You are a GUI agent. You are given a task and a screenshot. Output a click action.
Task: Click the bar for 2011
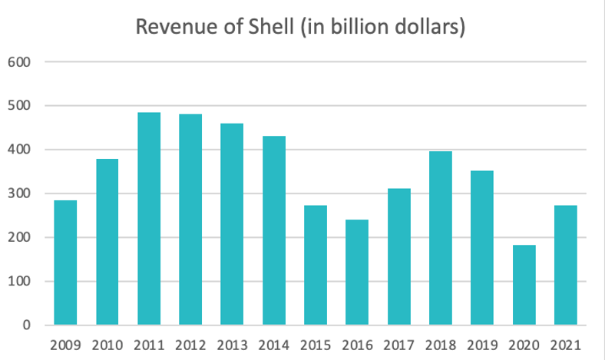pos(149,219)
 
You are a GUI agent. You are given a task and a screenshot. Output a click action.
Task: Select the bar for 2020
pos(524,285)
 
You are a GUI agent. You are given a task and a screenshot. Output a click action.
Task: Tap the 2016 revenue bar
pos(357,272)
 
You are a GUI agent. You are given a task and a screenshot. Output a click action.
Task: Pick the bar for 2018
pos(441,238)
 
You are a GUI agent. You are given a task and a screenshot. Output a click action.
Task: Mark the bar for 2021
pos(565,265)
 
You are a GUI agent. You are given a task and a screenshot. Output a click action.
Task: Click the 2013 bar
pos(233,224)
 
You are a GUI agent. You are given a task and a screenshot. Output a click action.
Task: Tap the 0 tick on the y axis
pos(25,325)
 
